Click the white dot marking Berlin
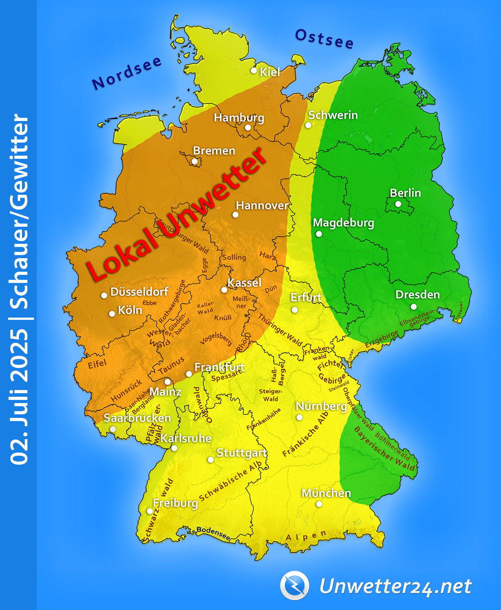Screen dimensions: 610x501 (x=398, y=204)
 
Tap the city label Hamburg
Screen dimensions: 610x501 (x=239, y=118)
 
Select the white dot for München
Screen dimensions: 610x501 (x=319, y=504)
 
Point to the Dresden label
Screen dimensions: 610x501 (x=417, y=295)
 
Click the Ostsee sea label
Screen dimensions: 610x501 (x=324, y=39)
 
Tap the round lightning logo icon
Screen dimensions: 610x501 (x=295, y=585)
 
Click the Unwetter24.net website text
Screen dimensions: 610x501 (x=395, y=586)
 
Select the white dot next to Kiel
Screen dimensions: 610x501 (x=254, y=71)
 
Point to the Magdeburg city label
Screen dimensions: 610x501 (x=343, y=223)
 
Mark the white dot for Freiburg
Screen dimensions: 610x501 (x=150, y=511)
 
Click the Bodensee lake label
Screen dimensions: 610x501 (x=214, y=533)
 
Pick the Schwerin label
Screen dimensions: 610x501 (x=333, y=115)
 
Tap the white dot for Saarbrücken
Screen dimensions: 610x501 (x=113, y=429)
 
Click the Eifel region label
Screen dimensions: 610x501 (x=97, y=364)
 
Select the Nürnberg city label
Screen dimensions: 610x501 (x=321, y=406)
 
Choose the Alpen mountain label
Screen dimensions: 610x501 (x=306, y=537)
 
